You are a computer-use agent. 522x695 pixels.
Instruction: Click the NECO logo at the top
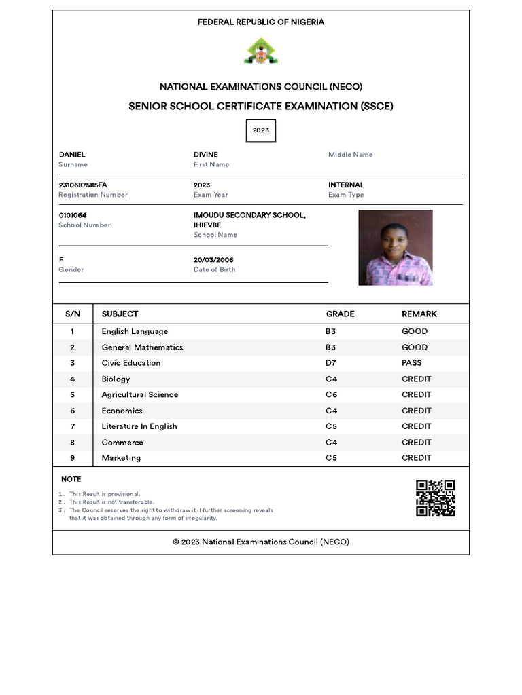click(x=260, y=52)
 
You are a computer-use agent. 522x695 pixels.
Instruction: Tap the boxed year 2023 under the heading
click(x=261, y=130)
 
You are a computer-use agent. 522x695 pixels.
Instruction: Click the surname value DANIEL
click(x=72, y=155)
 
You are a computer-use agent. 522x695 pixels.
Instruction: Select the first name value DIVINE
click(x=206, y=155)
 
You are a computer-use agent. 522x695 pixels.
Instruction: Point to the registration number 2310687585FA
click(x=83, y=185)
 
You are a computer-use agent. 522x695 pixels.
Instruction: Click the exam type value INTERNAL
click(x=346, y=185)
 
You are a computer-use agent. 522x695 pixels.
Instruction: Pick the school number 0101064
click(x=73, y=215)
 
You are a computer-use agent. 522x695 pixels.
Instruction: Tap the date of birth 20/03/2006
click(x=213, y=260)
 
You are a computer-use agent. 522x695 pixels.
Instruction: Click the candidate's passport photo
click(x=396, y=248)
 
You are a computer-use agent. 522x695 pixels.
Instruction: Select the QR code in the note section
click(x=435, y=498)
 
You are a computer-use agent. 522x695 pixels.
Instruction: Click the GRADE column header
click(x=340, y=314)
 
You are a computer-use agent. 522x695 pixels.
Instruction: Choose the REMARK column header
click(x=419, y=314)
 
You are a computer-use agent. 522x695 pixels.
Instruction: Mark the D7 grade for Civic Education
click(x=331, y=363)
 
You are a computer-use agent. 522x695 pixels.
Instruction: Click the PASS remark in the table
click(x=411, y=363)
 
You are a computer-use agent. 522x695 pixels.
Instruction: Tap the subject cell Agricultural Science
click(x=140, y=394)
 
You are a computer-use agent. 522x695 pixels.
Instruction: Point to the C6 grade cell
click(x=331, y=394)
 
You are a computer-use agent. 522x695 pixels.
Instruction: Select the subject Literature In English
click(x=139, y=426)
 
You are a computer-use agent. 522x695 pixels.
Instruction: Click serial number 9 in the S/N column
click(x=72, y=458)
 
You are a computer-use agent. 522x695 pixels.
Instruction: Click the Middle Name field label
click(x=350, y=155)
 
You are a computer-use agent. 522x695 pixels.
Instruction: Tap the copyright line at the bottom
click(x=261, y=542)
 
